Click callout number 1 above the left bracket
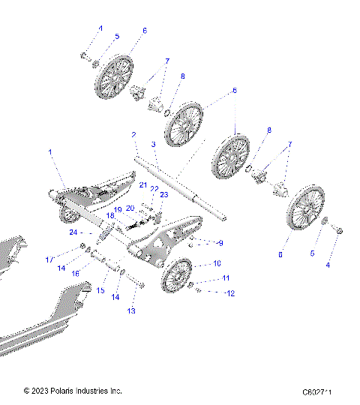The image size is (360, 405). point(51,152)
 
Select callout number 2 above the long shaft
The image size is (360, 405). point(133,135)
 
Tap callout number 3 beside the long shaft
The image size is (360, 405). point(152,144)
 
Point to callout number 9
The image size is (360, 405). point(220,243)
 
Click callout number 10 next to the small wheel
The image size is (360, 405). point(217,264)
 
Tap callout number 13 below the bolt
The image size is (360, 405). point(132,310)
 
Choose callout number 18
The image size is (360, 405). point(110,215)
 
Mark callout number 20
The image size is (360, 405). point(130,208)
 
